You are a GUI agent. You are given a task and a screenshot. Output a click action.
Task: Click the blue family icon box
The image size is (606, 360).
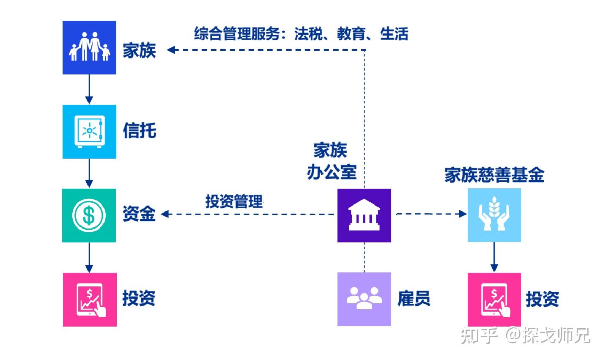tap(89, 48)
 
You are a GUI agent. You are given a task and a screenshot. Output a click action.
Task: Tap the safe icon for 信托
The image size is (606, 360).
tap(89, 132)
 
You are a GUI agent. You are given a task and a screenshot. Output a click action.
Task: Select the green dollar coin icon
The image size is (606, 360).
tap(89, 215)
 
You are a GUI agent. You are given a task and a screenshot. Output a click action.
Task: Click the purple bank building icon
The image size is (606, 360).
tap(364, 215)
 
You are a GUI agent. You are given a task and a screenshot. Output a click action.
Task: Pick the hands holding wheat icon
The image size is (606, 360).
tap(494, 215)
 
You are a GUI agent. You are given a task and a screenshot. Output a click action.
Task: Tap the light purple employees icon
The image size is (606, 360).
tap(364, 299)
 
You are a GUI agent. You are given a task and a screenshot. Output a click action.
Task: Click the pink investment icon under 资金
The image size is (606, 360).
tap(90, 300)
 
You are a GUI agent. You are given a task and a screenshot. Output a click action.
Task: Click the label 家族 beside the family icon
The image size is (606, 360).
tap(139, 50)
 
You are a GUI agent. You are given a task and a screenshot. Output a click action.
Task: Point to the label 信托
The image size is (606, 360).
tap(139, 130)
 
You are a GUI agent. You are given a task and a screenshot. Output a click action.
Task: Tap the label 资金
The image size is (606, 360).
tap(139, 214)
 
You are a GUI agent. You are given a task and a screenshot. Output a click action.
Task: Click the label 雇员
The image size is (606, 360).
tap(413, 299)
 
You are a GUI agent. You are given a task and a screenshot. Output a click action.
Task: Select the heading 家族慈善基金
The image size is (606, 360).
tap(494, 175)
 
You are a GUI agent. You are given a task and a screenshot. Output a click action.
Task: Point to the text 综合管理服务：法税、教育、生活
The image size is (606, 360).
tap(301, 33)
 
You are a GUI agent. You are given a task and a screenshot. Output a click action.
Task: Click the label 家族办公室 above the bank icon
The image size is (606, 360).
tap(332, 161)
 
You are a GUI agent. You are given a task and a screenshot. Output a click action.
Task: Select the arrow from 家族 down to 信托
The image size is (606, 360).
tap(89, 89)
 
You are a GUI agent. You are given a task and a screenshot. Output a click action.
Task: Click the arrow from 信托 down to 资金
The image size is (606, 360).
tap(89, 173)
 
